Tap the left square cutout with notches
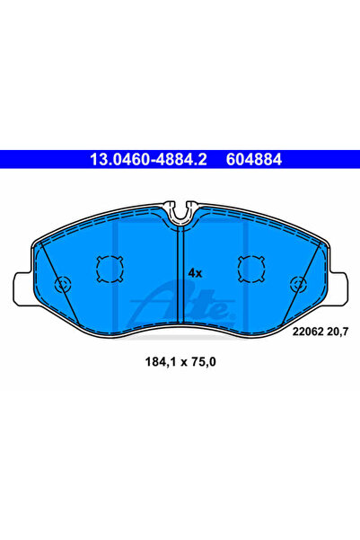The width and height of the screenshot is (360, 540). pyautogui.click(x=108, y=267)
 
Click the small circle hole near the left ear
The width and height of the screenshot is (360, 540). pyautogui.click(x=62, y=285)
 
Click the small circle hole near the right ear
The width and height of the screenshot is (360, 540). pyautogui.click(x=297, y=285)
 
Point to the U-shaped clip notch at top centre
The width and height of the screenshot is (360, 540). pyautogui.click(x=180, y=212)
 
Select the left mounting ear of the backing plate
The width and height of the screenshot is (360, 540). pyautogui.click(x=24, y=286)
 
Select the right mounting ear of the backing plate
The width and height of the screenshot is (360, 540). pyautogui.click(x=336, y=286)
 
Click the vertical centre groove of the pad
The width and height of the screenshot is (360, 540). pyautogui.click(x=180, y=279)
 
